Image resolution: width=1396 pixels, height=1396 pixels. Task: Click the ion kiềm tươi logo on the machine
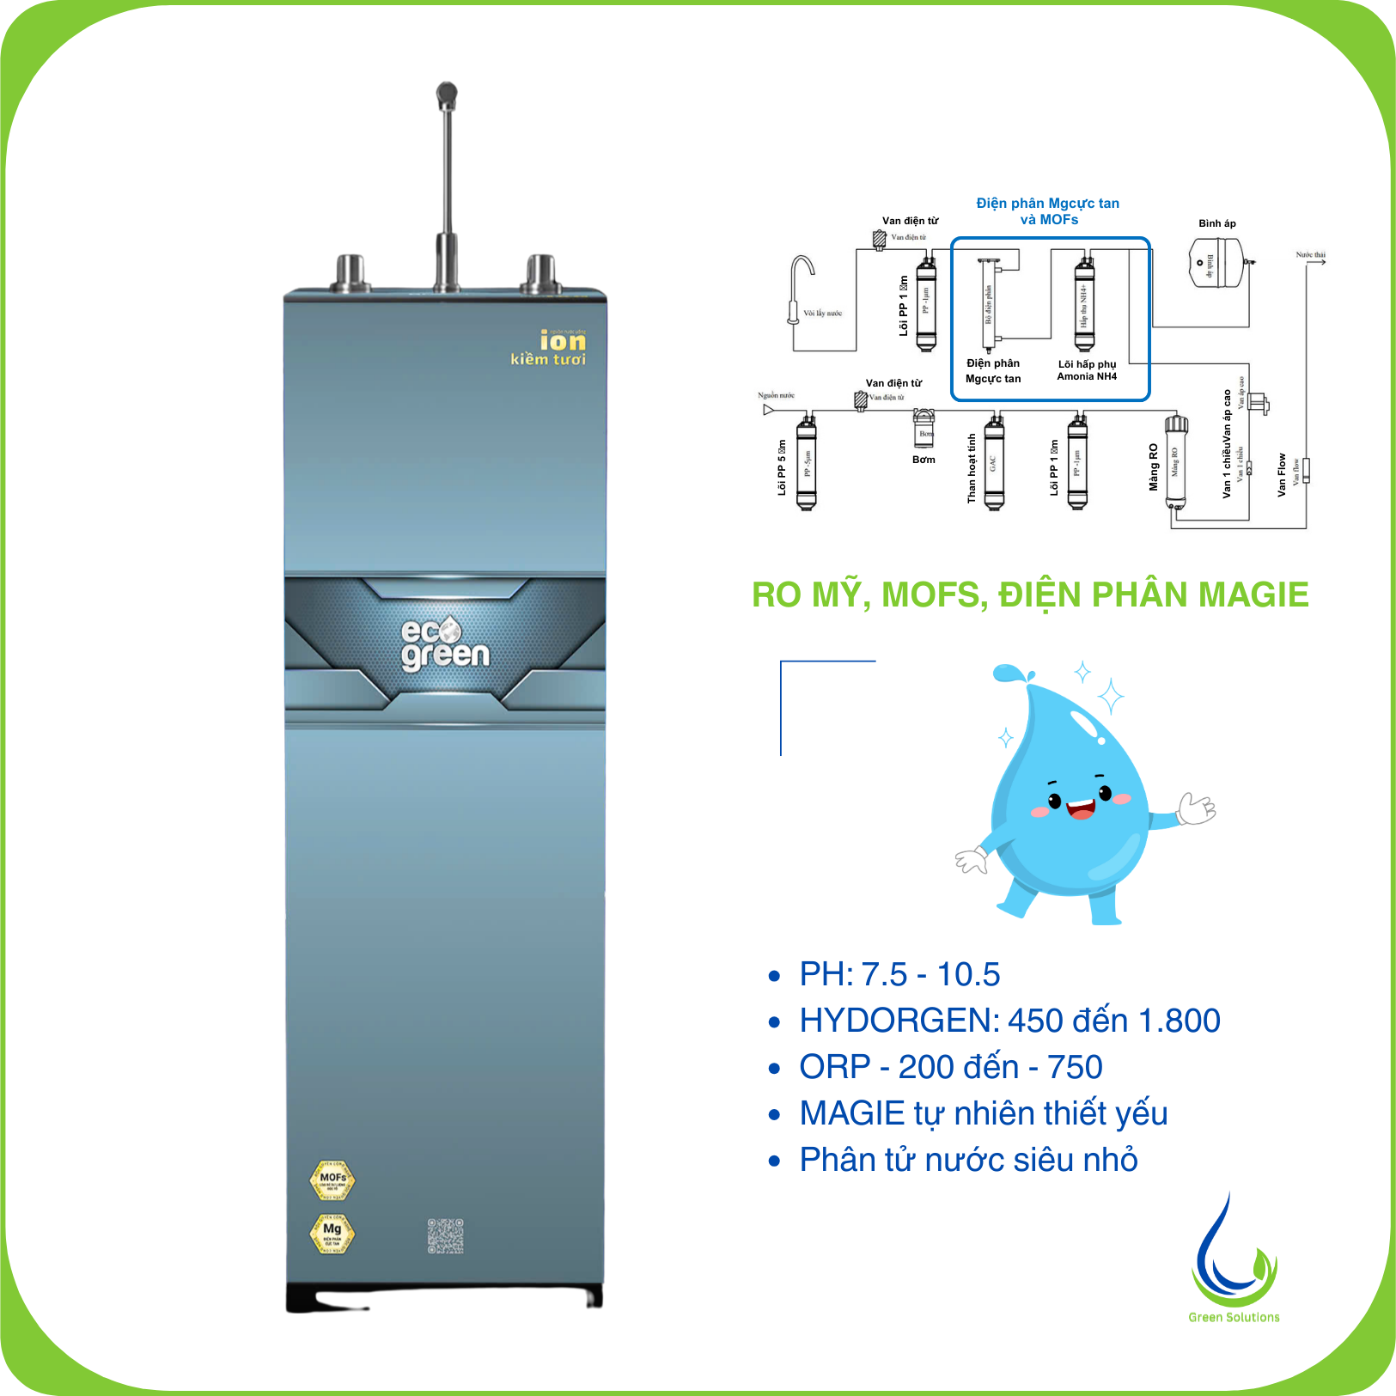pos(550,348)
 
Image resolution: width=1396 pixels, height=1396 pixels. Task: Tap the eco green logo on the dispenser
pos(444,644)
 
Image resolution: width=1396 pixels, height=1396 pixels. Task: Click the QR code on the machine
pos(446,1235)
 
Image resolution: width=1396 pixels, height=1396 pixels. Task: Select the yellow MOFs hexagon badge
pos(332,1180)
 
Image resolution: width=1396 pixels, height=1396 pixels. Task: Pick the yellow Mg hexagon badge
pos(332,1232)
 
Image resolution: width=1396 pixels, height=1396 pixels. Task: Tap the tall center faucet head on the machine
pos(447,94)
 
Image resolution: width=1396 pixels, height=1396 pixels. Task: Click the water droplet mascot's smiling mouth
pos(1080,808)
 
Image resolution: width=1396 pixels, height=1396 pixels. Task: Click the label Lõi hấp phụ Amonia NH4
pos(1087,370)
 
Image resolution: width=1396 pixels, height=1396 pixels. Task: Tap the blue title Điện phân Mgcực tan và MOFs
pos(1048,211)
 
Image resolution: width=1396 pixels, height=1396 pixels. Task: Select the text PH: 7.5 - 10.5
pos(899,974)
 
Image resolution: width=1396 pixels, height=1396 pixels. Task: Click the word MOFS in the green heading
pos(935,594)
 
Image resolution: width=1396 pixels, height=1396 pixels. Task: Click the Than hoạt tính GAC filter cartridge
pos(994,464)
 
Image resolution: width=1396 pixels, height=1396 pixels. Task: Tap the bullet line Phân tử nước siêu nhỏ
pos(968,1160)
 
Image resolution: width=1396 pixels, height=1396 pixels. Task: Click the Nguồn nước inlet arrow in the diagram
pos(768,410)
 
